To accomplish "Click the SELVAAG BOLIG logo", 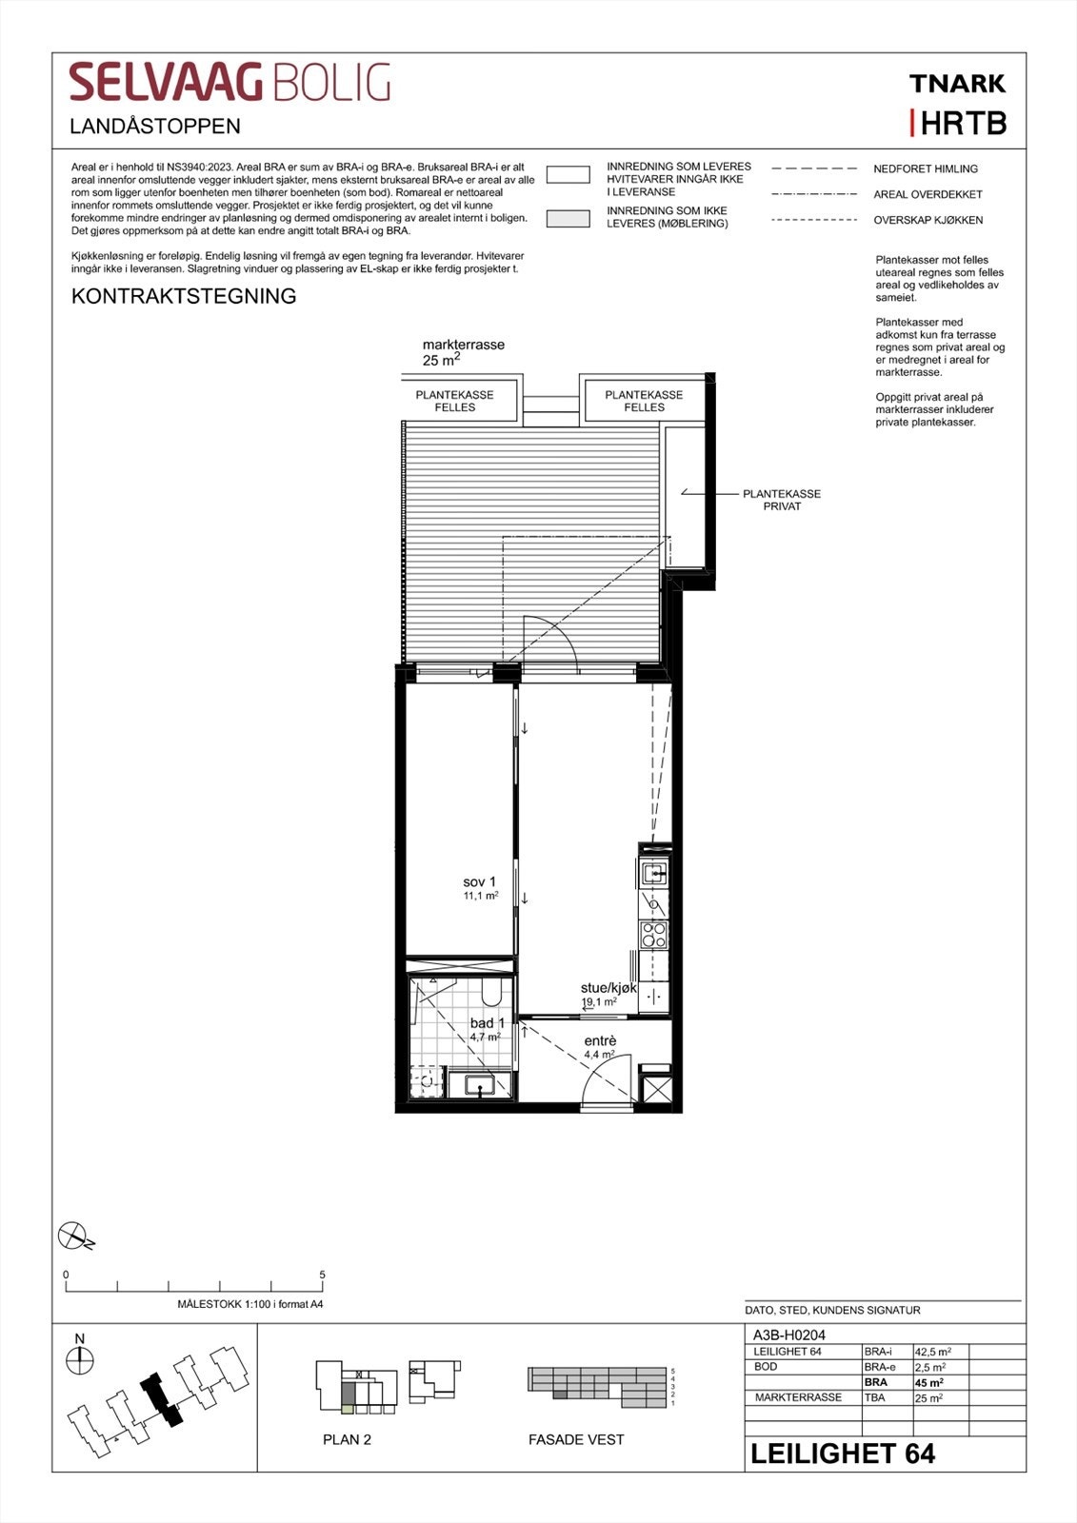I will [229, 83].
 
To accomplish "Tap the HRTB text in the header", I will [963, 124].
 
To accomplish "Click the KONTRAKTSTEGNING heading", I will [184, 296].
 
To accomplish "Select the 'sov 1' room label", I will [480, 882].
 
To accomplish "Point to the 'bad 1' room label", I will [486, 1023].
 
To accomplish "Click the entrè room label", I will [600, 1040].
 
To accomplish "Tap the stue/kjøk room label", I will [608, 988].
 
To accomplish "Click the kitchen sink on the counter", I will [654, 872].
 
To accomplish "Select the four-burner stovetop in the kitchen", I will [653, 935].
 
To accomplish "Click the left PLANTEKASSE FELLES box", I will [455, 401].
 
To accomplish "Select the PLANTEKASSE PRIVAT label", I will [782, 500].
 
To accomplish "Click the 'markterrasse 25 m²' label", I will [463, 351].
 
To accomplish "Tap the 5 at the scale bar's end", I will [323, 1275].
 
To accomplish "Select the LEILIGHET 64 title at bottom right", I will [843, 1454].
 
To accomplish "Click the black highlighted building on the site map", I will [161, 1399].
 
